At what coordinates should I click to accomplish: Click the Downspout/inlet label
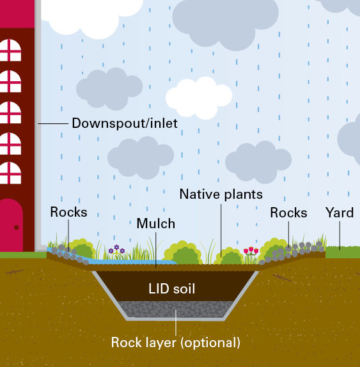(x=125, y=123)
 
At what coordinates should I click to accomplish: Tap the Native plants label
(x=221, y=194)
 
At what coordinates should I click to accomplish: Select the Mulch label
(x=155, y=224)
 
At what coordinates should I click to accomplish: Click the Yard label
(x=340, y=213)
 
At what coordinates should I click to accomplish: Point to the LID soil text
(x=171, y=288)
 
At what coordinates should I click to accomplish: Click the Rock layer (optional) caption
(x=176, y=343)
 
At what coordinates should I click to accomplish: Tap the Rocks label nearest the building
(x=68, y=212)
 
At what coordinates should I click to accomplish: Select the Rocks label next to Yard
(x=288, y=213)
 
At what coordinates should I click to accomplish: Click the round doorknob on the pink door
(x=17, y=227)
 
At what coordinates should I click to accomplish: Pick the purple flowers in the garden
(x=116, y=249)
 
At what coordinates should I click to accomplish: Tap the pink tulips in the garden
(x=251, y=251)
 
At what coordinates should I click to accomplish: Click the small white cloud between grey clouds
(x=199, y=98)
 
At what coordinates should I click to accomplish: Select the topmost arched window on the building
(x=10, y=50)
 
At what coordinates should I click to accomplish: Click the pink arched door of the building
(x=12, y=225)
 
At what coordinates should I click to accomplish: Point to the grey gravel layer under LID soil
(x=176, y=309)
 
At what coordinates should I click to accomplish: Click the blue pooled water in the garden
(x=131, y=262)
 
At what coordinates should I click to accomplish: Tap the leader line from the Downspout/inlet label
(x=53, y=123)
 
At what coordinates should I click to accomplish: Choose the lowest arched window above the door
(x=10, y=173)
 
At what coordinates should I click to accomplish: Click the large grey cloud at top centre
(x=226, y=24)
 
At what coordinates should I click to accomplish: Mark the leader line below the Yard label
(x=340, y=236)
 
